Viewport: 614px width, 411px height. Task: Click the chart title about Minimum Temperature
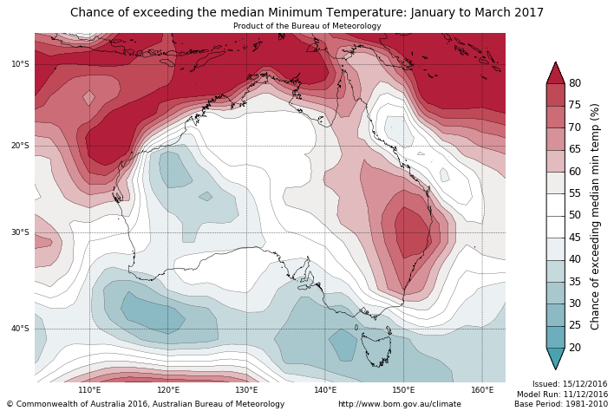coord(307,12)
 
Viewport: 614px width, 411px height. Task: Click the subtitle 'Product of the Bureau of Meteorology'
coord(307,26)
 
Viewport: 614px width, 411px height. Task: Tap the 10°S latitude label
coord(20,64)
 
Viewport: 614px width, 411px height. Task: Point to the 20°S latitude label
coord(20,146)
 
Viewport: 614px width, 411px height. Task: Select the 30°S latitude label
coord(20,232)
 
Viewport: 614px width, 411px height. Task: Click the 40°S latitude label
coord(20,329)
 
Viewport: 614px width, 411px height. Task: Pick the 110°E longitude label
coord(90,390)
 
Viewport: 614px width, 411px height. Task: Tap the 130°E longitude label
coord(247,390)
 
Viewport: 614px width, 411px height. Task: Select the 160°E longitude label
coord(482,390)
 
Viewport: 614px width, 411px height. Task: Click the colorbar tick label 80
coord(575,83)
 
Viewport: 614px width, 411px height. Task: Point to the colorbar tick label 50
coord(575,215)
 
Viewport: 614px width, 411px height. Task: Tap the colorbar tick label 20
coord(575,348)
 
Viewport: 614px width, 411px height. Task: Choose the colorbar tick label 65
coord(575,149)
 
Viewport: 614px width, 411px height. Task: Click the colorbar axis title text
coord(595,216)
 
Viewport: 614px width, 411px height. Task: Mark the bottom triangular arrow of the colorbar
coord(555,358)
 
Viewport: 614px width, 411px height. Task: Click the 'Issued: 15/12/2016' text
coord(570,383)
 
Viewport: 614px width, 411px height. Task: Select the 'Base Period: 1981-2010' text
coord(560,404)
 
